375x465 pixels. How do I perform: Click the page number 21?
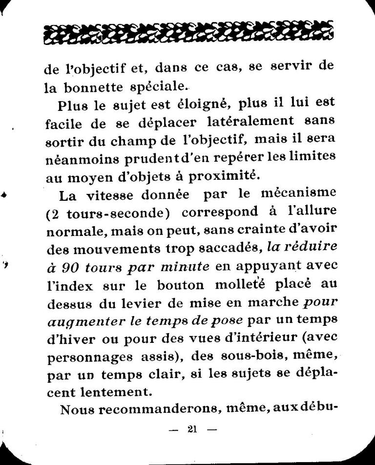point(191,429)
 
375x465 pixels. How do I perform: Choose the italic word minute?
point(184,267)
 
